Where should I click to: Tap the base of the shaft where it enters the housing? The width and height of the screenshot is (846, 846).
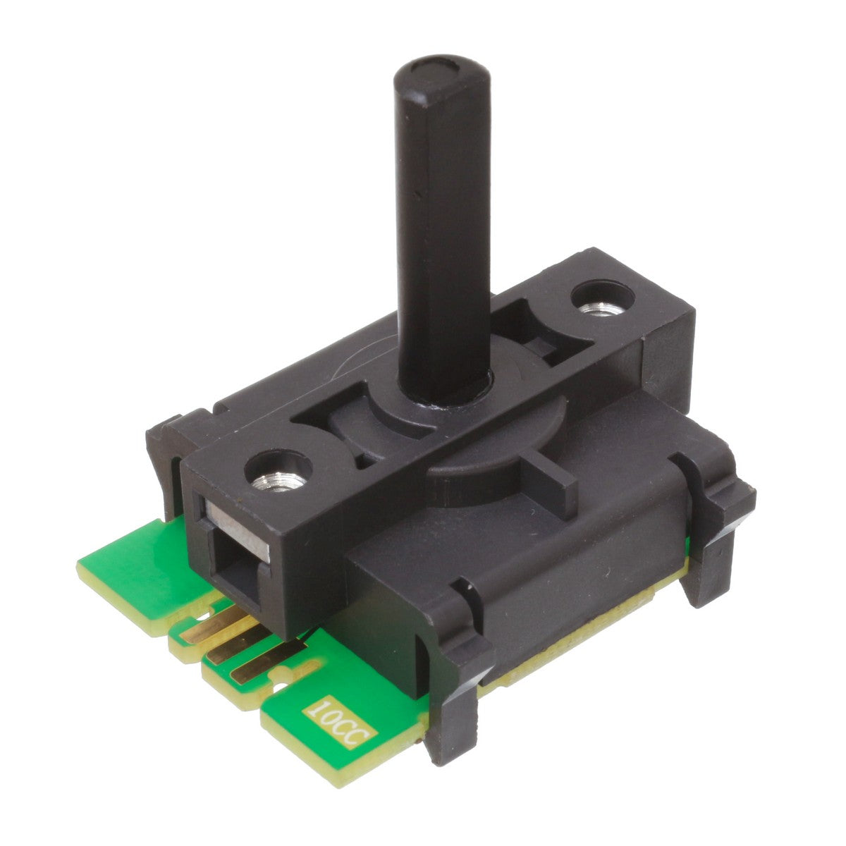click(443, 386)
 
